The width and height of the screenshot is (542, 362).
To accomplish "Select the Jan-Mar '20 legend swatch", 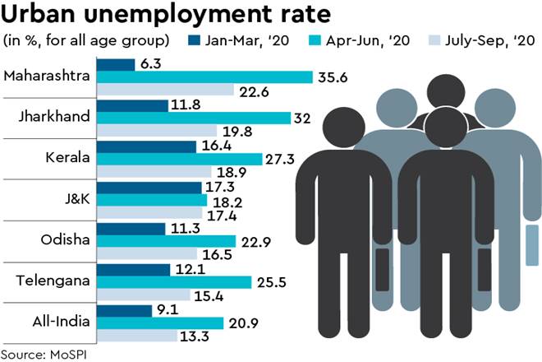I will pos(193,39).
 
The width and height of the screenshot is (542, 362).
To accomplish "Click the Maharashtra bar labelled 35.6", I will pos(204,77).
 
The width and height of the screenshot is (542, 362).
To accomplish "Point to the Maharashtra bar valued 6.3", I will pos(116,64).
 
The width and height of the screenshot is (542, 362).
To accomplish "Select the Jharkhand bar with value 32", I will pos(194,118).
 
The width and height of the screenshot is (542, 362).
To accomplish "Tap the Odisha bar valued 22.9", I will pos(166,240).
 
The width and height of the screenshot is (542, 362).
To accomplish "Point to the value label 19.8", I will pos(235,131).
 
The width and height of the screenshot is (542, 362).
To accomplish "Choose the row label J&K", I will pos(73,199).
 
